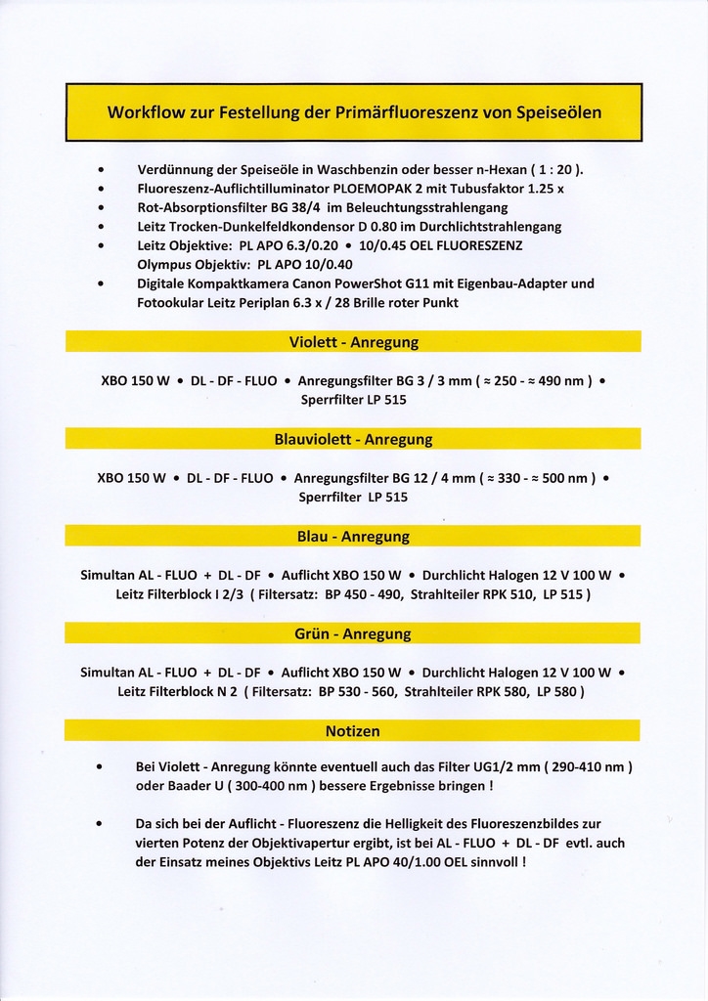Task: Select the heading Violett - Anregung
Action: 353,342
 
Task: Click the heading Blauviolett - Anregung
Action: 353,439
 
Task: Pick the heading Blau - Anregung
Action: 353,537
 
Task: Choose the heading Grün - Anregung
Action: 353,633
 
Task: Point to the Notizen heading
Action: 353,730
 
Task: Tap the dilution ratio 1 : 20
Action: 554,169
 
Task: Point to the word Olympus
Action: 166,264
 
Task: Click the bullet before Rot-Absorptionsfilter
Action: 102,207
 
